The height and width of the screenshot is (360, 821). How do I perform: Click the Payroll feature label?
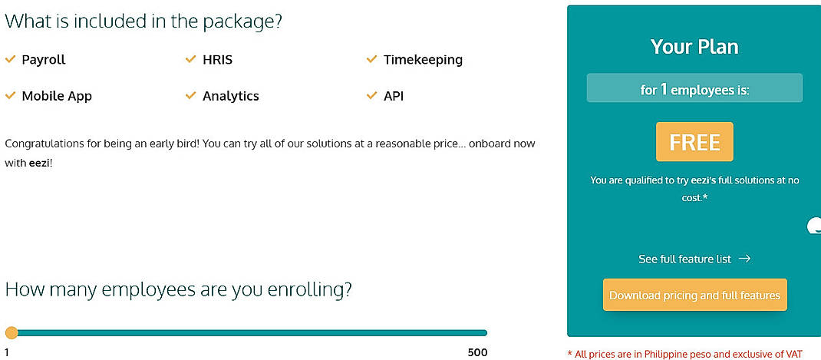[43, 59]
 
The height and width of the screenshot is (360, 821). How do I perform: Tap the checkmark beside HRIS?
[191, 59]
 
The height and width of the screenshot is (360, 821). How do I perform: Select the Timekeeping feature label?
[423, 59]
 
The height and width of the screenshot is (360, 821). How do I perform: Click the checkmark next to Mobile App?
[11, 96]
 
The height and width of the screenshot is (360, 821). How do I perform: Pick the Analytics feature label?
[230, 96]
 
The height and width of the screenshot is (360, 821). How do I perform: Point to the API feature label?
[393, 96]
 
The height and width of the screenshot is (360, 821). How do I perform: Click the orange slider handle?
[12, 332]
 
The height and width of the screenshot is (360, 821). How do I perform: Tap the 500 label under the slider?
[477, 353]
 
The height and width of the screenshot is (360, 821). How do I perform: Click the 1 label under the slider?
[7, 353]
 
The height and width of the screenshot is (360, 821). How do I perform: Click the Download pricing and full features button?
[694, 296]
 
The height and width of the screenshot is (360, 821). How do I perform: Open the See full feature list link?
[684, 259]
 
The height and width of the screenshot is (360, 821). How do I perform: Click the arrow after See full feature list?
[744, 259]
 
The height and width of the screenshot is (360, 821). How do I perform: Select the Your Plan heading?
[694, 47]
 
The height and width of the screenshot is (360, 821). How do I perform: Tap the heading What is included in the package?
[143, 21]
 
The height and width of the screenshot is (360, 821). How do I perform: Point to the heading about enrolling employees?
[178, 289]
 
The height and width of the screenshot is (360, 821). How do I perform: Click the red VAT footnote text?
[684, 354]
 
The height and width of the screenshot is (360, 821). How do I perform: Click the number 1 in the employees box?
[664, 89]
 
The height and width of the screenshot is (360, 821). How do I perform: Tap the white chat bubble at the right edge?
[814, 226]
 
